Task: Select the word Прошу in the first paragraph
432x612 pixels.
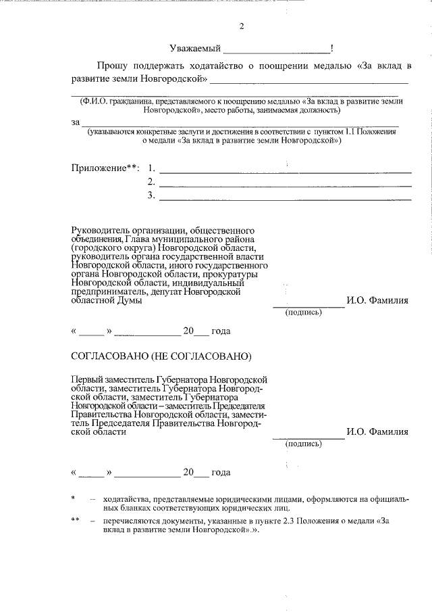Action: pyautogui.click(x=114, y=66)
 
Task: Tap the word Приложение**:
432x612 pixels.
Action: pyautogui.click(x=105, y=168)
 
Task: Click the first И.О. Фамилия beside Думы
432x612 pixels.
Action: pyautogui.click(x=377, y=300)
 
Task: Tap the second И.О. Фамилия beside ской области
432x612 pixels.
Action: pyautogui.click(x=377, y=431)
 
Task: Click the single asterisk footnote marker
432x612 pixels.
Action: pyautogui.click(x=73, y=498)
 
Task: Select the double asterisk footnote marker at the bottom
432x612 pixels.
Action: pyautogui.click(x=75, y=520)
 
